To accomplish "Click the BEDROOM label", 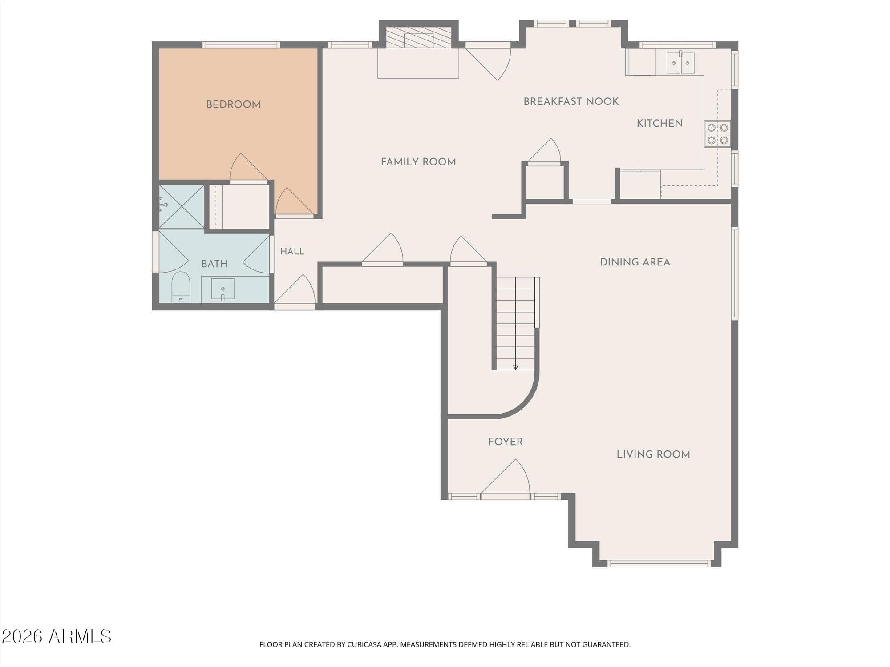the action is [233, 104].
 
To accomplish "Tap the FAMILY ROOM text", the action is [418, 162].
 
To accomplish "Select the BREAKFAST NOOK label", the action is [571, 101].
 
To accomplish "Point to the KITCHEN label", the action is [659, 123].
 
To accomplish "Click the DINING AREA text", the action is [635, 262].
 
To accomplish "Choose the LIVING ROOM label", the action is [653, 454].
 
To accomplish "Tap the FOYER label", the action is [506, 442].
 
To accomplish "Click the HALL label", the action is [292, 251].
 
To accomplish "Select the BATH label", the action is [214, 264].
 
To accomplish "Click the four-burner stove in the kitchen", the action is [717, 134].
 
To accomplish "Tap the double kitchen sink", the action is [680, 63].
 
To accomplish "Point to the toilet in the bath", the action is [181, 287].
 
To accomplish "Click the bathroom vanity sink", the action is [222, 289].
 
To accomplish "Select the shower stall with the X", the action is [182, 207].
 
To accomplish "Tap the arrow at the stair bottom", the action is [515, 367].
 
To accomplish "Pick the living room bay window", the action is [659, 563].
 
